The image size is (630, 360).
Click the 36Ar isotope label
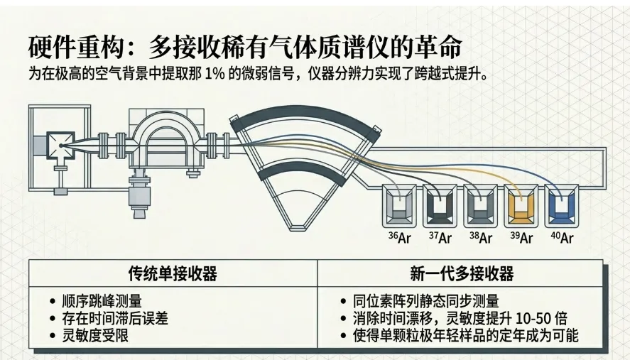[399, 237]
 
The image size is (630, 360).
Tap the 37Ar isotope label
[440, 237]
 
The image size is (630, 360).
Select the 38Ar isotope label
[480, 237]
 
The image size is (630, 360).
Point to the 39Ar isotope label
[521, 237]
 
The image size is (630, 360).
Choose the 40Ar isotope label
[561, 237]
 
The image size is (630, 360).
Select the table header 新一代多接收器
[462, 273]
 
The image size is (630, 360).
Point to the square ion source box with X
[60, 146]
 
